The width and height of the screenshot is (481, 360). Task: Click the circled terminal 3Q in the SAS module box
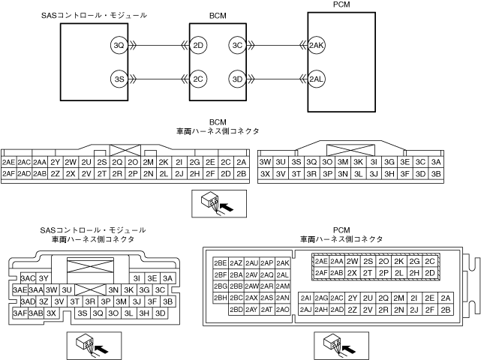118,46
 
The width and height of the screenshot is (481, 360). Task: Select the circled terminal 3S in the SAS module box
118,78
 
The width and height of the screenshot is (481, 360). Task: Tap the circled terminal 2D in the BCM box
199,46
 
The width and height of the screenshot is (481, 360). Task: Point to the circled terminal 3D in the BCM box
237,78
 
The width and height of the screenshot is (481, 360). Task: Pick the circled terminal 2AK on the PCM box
316,46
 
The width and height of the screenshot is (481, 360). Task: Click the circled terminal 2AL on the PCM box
316,78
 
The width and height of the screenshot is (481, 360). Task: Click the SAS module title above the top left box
94,14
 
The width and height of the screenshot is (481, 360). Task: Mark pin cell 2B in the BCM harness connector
241,174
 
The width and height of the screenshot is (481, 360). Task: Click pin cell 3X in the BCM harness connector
265,174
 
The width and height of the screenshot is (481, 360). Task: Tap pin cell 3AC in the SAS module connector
29,278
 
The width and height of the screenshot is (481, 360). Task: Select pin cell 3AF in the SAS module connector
20,313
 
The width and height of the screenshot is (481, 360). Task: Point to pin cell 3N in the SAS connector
113,289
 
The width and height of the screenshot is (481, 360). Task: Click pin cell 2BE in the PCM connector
220,263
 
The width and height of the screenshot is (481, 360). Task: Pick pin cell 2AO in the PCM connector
283,309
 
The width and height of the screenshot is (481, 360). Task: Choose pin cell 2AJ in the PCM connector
305,309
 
